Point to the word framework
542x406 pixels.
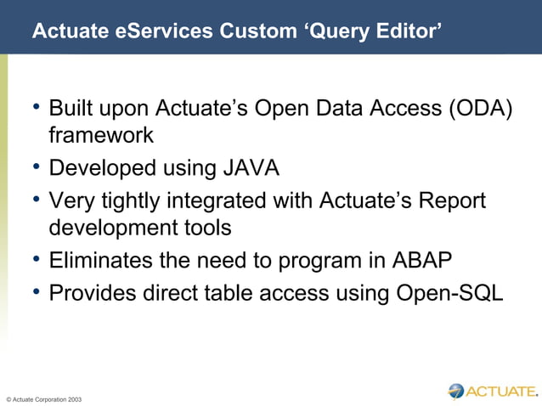(x=101, y=135)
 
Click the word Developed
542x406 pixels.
(x=99, y=168)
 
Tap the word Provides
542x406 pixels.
(x=93, y=293)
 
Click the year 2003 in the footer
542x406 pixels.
(x=74, y=398)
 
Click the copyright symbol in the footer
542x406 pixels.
(x=8, y=398)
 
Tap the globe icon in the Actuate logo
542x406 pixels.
(x=457, y=391)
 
